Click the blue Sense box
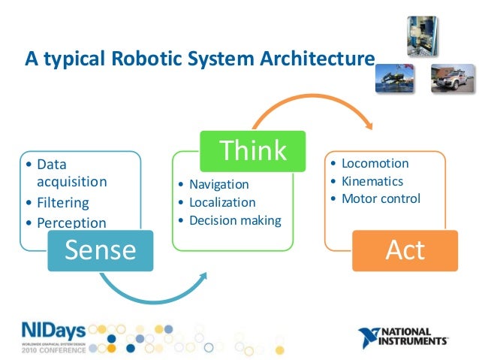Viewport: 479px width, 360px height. [x=100, y=250]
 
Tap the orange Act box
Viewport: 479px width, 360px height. [x=405, y=250]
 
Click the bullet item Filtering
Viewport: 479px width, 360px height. [x=62, y=202]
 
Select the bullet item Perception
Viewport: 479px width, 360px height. [x=71, y=222]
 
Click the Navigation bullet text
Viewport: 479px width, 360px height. [x=218, y=184]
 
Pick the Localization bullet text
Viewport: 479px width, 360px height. [x=222, y=202]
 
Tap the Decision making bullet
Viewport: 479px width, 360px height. [x=235, y=220]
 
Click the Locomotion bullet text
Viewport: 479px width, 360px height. [x=375, y=163]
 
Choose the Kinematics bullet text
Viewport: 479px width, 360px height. [x=372, y=181]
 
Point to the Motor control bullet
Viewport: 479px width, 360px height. [x=381, y=199]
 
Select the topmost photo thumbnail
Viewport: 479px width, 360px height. [x=421, y=35]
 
